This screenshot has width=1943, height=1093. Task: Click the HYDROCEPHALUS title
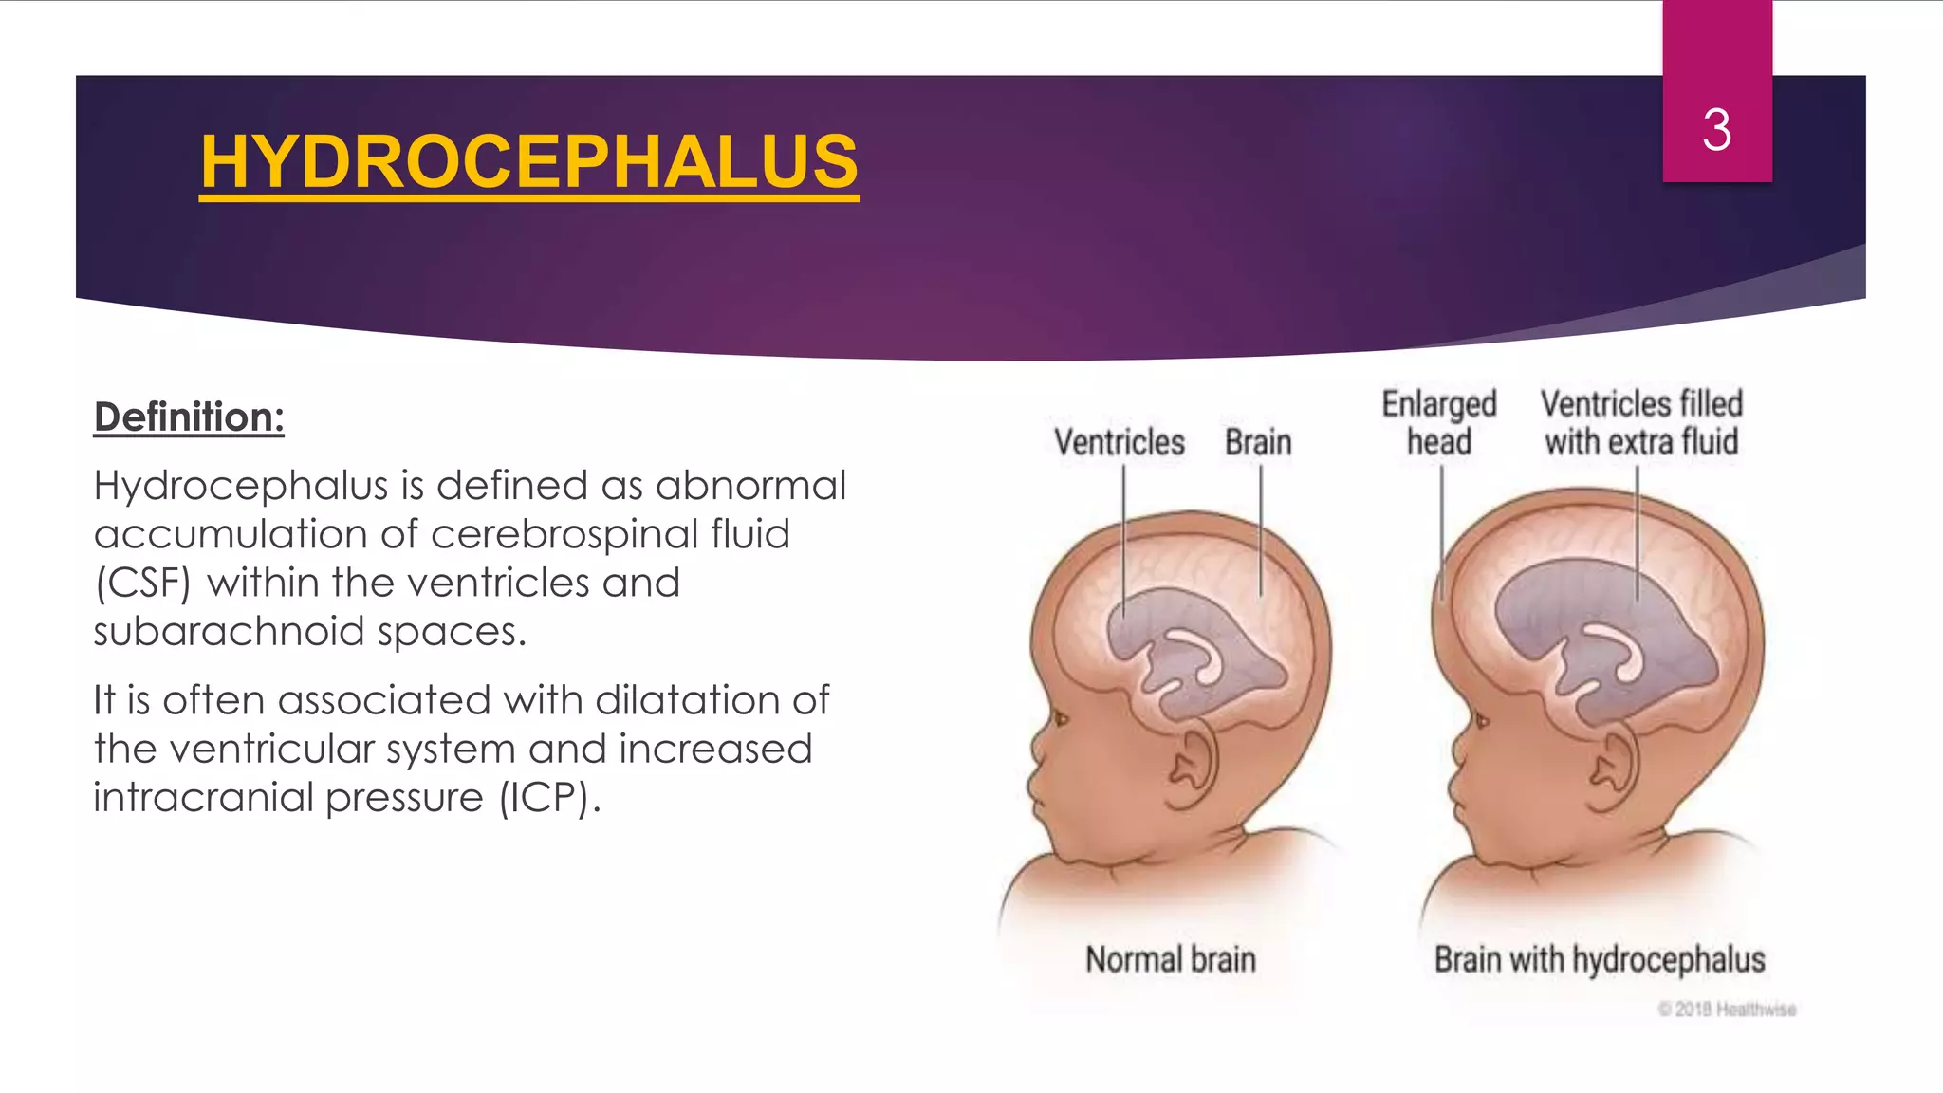529,162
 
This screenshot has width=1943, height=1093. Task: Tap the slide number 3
1716,130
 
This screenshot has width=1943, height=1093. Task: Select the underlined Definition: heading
189,417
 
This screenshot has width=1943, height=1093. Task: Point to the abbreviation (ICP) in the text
547,798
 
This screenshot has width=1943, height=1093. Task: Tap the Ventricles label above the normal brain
1120,442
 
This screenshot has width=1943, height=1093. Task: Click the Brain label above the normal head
1258,442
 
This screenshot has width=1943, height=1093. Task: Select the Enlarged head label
1439,423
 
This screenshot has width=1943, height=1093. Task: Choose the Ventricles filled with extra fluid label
1641,423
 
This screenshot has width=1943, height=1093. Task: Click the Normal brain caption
1171,959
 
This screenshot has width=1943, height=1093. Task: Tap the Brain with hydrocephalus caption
1600,959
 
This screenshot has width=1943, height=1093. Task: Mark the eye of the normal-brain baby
1060,719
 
